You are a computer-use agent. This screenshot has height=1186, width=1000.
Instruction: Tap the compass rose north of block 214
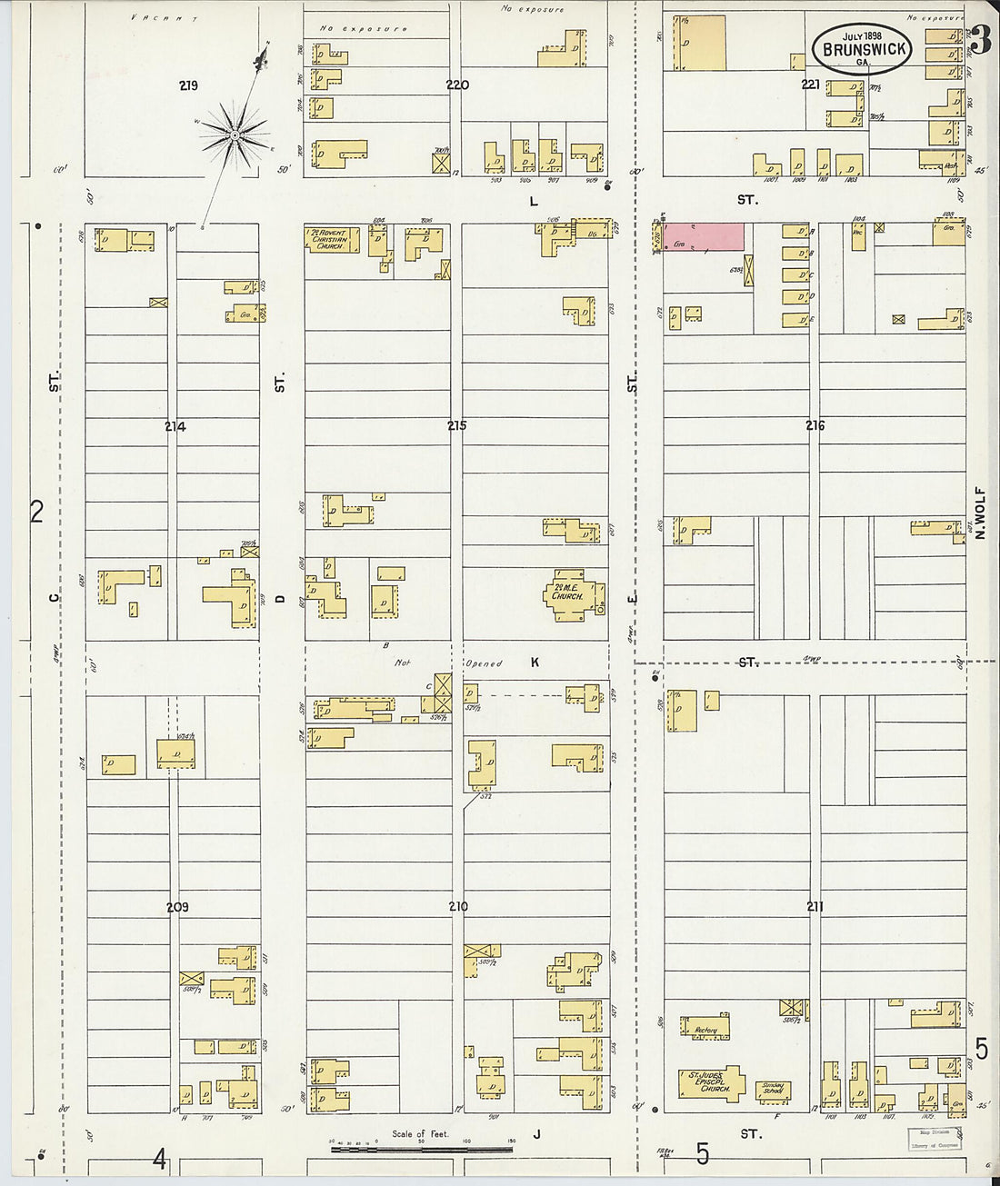click(235, 135)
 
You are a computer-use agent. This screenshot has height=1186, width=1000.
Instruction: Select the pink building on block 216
click(703, 237)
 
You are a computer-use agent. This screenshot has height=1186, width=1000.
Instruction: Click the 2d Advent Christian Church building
click(331, 240)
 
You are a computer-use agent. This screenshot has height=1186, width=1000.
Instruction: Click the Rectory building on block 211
click(705, 1029)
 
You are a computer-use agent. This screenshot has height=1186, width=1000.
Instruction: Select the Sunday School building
click(773, 1089)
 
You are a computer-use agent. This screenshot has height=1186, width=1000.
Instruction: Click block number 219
click(188, 86)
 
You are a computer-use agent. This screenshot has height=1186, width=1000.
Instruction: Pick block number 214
click(175, 426)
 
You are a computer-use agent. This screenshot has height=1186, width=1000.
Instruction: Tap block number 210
click(457, 906)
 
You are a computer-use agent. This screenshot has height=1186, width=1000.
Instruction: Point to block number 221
click(810, 85)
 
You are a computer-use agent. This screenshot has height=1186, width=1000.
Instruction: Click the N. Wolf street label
click(980, 513)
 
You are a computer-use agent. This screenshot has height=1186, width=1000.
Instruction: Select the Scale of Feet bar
click(421, 1149)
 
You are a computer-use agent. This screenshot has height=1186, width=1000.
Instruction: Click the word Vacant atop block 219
click(165, 17)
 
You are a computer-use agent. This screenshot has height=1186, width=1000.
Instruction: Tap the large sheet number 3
click(980, 41)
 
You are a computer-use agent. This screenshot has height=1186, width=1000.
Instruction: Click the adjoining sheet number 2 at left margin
click(36, 512)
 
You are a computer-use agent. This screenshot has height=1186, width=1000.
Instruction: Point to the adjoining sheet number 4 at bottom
click(160, 1159)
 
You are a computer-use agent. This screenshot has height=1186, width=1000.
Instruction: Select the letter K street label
click(535, 663)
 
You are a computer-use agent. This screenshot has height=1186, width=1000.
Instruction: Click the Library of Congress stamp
click(935, 1140)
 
